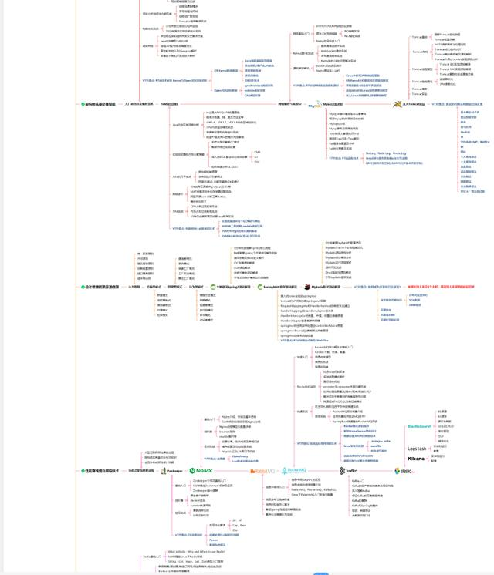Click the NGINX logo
[x=201, y=470]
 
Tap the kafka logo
[x=350, y=470]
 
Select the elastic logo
[x=404, y=471]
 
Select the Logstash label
[x=417, y=449]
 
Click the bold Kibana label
[x=416, y=459]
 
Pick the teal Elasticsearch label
[x=419, y=426]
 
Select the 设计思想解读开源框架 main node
[x=100, y=286]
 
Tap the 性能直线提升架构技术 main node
[x=100, y=470]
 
